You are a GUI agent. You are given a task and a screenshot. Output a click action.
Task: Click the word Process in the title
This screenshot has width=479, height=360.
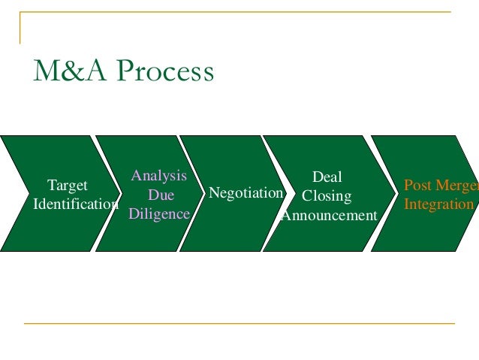click(x=168, y=72)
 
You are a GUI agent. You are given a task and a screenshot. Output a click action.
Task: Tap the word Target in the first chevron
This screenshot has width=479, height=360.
click(x=67, y=185)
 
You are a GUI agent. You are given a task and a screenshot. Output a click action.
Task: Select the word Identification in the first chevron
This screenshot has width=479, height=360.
click(x=76, y=204)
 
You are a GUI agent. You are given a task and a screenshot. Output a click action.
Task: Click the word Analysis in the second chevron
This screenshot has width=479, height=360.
click(x=158, y=176)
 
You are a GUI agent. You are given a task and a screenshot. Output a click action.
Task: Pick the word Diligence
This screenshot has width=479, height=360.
click(x=158, y=214)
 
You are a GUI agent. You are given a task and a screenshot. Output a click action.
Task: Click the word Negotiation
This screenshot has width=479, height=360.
click(x=246, y=193)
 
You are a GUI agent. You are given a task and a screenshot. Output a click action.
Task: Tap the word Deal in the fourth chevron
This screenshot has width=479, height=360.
click(x=327, y=177)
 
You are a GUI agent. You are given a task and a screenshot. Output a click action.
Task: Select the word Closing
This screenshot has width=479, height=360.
click(x=327, y=197)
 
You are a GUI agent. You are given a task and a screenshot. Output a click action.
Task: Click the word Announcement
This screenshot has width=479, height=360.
click(x=329, y=216)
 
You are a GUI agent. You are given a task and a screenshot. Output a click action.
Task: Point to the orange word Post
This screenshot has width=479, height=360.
click(x=417, y=185)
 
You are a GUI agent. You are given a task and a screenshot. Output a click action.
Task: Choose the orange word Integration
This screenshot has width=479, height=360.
click(x=438, y=204)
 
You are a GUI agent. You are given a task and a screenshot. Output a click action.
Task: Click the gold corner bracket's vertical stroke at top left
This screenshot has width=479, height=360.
click(x=20, y=28)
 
